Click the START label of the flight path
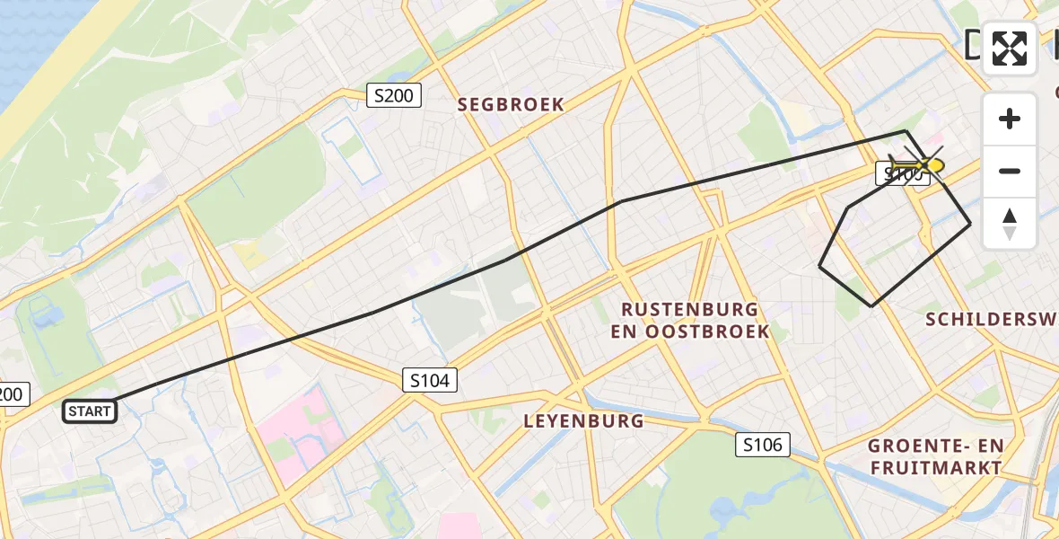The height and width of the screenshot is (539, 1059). point(90,411)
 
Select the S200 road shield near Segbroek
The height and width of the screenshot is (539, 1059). point(394,95)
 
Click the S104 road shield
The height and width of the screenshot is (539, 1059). point(429,380)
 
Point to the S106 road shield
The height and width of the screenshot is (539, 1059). point(763,444)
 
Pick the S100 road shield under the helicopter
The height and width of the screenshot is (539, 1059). point(901,175)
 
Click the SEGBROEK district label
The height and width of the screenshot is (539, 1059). point(512,105)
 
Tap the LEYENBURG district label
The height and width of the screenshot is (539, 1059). point(583,420)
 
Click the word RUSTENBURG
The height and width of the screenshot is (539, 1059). point(690,310)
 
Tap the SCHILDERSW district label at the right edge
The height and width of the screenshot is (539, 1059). point(991,319)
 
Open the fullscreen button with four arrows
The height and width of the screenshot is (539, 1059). point(1010,49)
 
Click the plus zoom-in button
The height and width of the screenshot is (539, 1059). point(1010,119)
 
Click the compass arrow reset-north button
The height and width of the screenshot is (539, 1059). point(1010,224)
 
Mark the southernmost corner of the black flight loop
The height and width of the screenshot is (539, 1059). point(871,305)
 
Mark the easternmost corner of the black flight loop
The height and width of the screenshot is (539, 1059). point(970,224)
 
